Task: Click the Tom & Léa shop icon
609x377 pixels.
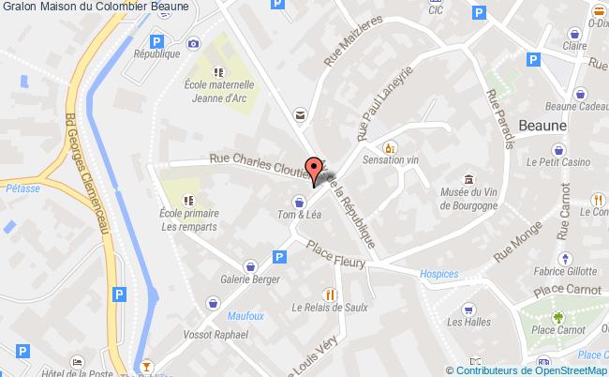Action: pyautogui.click(x=298, y=201)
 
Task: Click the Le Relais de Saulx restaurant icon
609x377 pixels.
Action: pyautogui.click(x=328, y=292)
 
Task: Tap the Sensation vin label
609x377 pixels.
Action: pyautogui.click(x=391, y=160)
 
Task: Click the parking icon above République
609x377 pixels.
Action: pyautogui.click(x=157, y=41)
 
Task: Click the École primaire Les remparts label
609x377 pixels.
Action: pyautogui.click(x=188, y=219)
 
